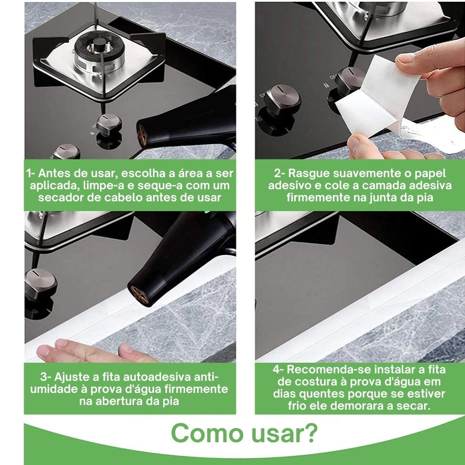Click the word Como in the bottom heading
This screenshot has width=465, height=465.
tap(207, 433)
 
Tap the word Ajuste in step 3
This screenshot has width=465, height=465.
tap(72, 377)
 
